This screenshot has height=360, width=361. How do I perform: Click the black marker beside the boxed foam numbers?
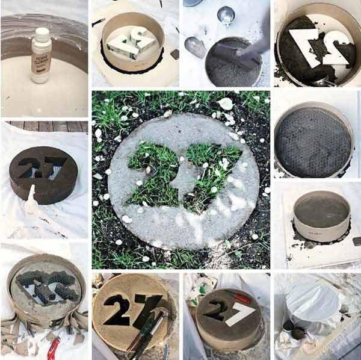click(x=98, y=22)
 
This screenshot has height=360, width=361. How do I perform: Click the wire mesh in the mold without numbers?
click(x=312, y=143)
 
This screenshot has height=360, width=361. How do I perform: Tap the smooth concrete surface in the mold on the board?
click(x=321, y=211)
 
